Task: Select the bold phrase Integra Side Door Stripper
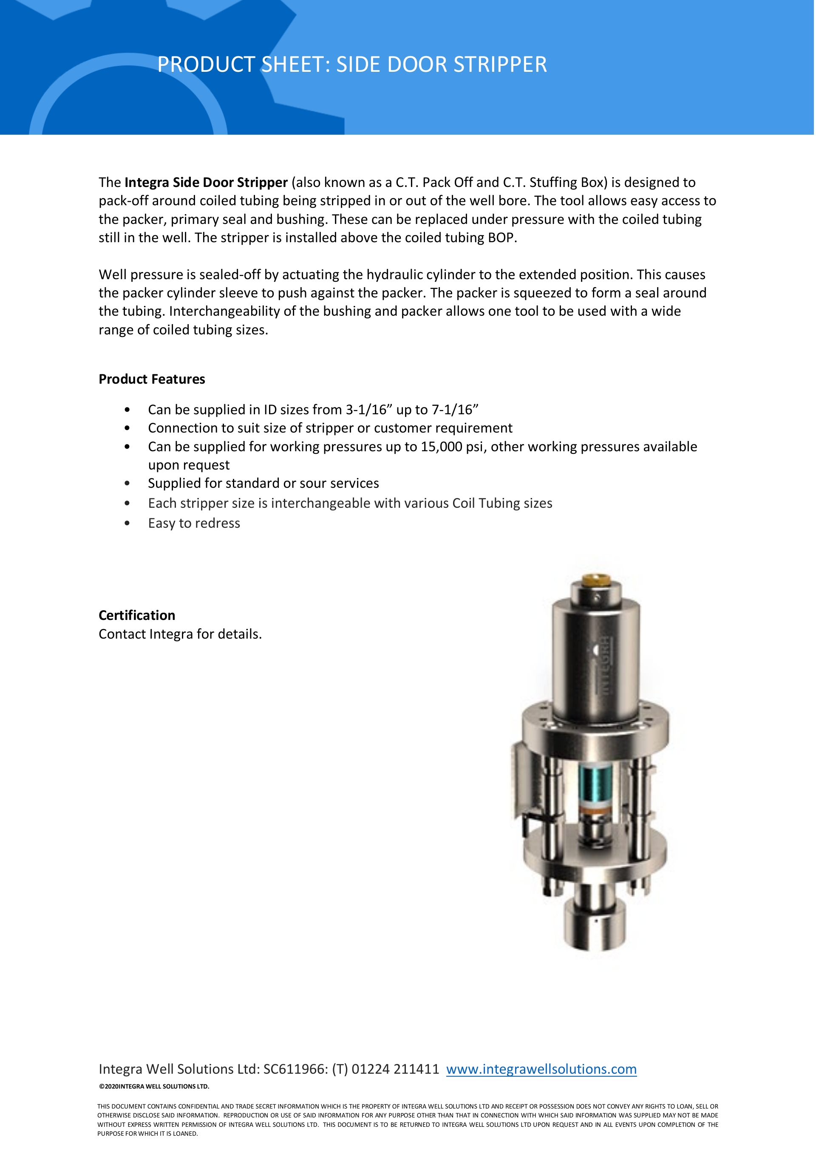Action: [206, 182]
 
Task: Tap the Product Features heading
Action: [152, 379]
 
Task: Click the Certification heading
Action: [137, 615]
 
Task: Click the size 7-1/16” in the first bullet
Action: [454, 410]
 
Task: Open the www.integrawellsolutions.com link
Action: [541, 1069]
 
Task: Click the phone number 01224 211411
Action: [395, 1069]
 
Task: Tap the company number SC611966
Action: [295, 1069]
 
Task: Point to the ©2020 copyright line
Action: [154, 1086]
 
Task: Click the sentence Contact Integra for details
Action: [180, 634]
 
